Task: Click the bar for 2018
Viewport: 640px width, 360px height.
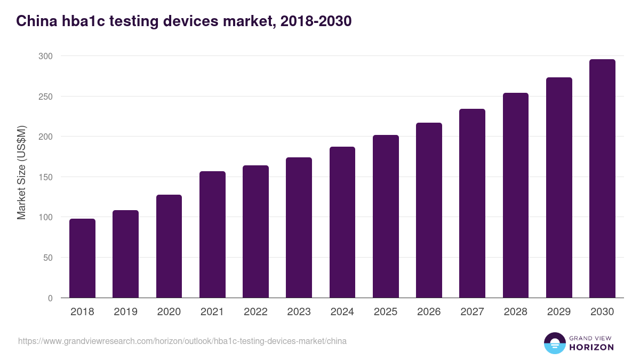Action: (82, 258)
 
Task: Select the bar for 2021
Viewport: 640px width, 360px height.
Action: (212, 235)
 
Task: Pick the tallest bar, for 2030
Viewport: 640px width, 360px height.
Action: (602, 179)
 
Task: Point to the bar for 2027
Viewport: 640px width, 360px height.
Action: (472, 203)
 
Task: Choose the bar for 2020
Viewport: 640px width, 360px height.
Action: (169, 246)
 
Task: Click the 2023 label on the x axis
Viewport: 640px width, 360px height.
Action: (299, 312)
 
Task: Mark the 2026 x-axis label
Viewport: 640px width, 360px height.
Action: (429, 312)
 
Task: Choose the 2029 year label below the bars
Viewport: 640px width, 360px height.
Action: (559, 312)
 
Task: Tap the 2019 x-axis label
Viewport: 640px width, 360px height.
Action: (125, 312)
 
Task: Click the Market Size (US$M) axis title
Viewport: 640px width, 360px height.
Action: (21, 173)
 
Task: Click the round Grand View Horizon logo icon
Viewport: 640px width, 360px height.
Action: (554, 343)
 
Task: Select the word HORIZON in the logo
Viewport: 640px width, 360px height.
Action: (591, 347)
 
